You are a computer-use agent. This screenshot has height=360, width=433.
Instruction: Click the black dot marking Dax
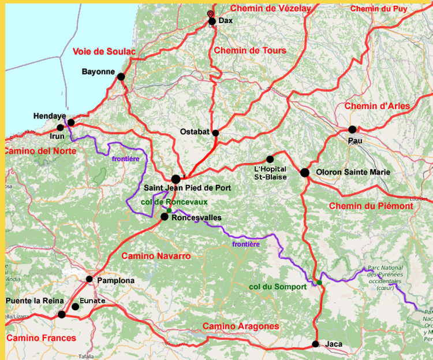(212, 21)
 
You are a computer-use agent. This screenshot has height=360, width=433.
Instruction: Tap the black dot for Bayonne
(121, 76)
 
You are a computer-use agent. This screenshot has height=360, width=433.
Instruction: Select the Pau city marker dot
(352, 129)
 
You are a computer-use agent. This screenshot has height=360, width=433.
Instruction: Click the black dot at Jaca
(315, 344)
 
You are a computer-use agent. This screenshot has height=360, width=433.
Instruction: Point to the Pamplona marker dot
(89, 279)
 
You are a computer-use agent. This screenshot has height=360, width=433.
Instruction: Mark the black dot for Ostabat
(215, 133)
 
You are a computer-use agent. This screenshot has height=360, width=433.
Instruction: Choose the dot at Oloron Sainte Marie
(305, 172)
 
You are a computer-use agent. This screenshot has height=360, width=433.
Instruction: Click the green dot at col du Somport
(319, 283)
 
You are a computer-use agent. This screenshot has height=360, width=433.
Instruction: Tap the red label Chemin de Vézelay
(270, 8)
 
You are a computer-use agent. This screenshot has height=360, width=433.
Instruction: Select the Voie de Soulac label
(104, 52)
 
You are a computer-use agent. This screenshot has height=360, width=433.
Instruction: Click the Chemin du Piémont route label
(371, 206)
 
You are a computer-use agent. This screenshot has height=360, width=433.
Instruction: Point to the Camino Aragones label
(241, 326)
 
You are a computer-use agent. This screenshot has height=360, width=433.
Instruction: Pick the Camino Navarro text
(156, 255)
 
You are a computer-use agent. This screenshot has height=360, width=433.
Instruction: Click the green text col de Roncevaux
(174, 202)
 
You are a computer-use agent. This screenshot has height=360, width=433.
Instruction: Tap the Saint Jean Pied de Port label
(187, 188)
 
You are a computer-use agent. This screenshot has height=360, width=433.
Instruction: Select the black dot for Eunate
(75, 307)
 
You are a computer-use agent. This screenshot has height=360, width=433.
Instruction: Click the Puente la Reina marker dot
(62, 314)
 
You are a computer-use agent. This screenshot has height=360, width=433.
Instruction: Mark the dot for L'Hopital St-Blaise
(270, 159)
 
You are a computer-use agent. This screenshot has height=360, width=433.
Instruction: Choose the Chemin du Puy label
(379, 9)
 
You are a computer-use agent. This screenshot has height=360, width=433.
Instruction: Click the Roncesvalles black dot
(165, 217)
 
